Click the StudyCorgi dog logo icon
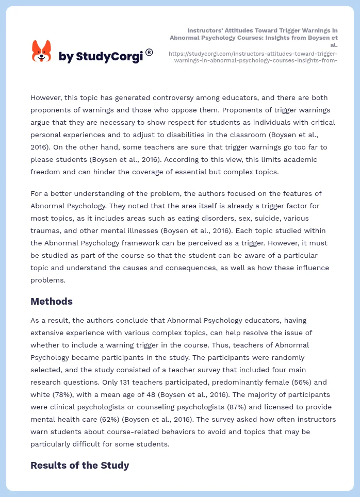tap(41, 51)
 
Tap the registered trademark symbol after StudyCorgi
tap(149, 52)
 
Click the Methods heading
tap(52, 302)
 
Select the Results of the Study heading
tap(79, 466)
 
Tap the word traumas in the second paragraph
tap(46, 230)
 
